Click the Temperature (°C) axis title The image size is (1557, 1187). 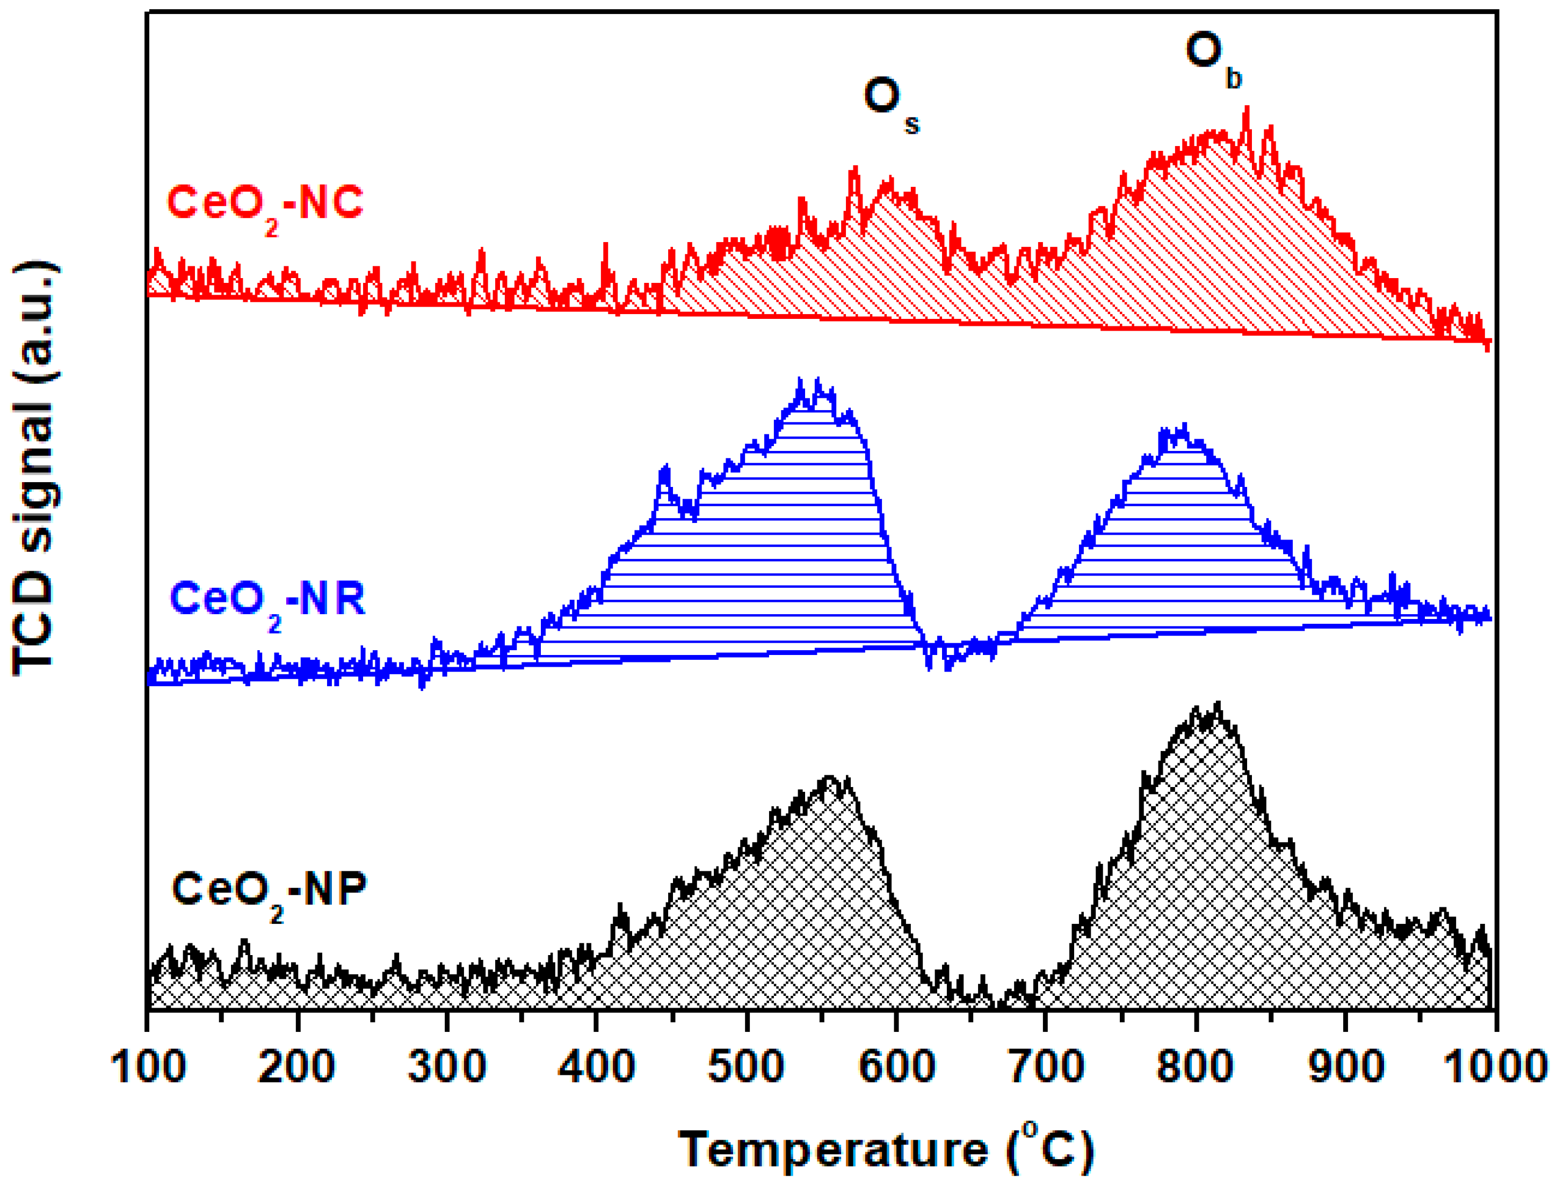click(886, 1150)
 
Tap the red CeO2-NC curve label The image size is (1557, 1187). click(265, 205)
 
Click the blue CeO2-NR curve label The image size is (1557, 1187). click(267, 601)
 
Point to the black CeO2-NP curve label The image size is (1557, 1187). click(269, 892)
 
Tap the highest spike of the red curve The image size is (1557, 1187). click(1247, 108)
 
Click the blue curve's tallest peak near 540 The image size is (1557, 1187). click(801, 382)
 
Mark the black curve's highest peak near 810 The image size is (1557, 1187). click(1218, 704)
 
